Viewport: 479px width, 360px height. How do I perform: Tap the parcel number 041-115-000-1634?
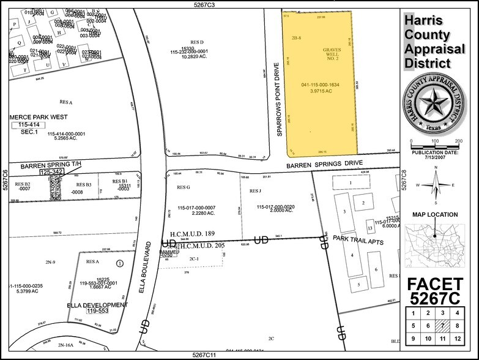(321, 84)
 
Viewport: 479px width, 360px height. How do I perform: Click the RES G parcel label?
(184, 187)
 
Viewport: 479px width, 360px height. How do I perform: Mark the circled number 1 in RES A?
(120, 263)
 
